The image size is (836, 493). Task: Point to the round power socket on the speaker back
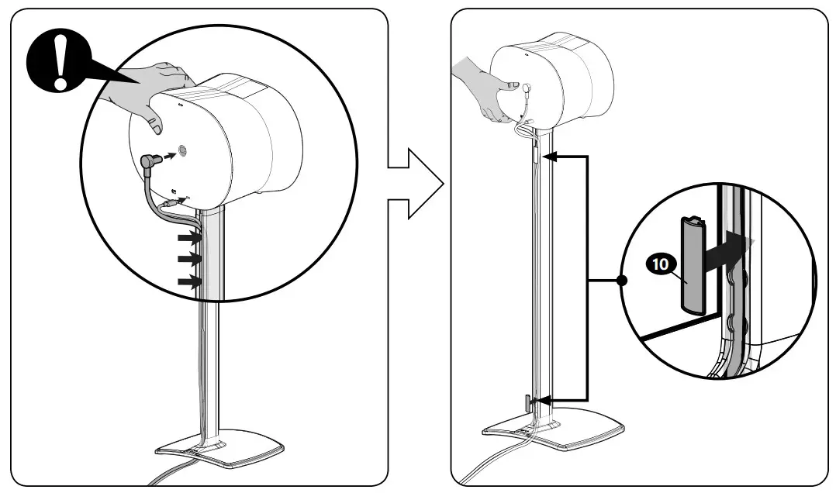point(183,150)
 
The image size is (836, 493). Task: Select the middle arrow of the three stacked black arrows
point(188,258)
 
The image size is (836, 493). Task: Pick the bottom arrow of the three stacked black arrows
point(188,282)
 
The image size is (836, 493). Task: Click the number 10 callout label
point(660,264)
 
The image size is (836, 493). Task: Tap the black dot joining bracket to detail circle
point(620,280)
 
